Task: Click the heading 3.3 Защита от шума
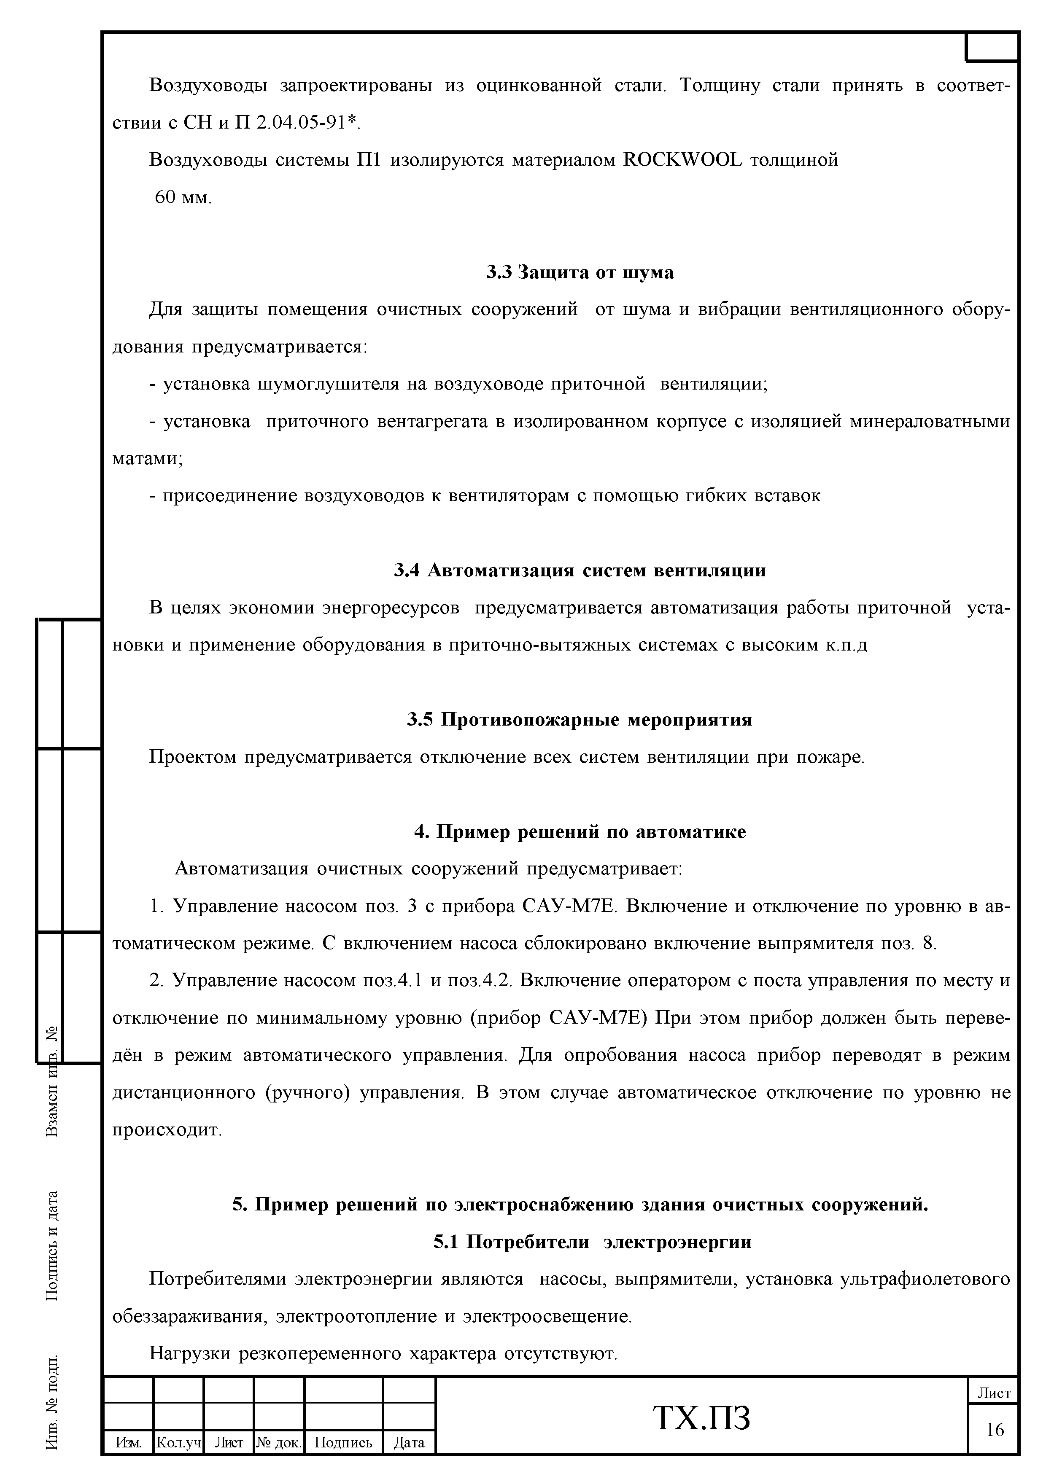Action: point(580,272)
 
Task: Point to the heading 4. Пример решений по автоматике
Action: point(580,831)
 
